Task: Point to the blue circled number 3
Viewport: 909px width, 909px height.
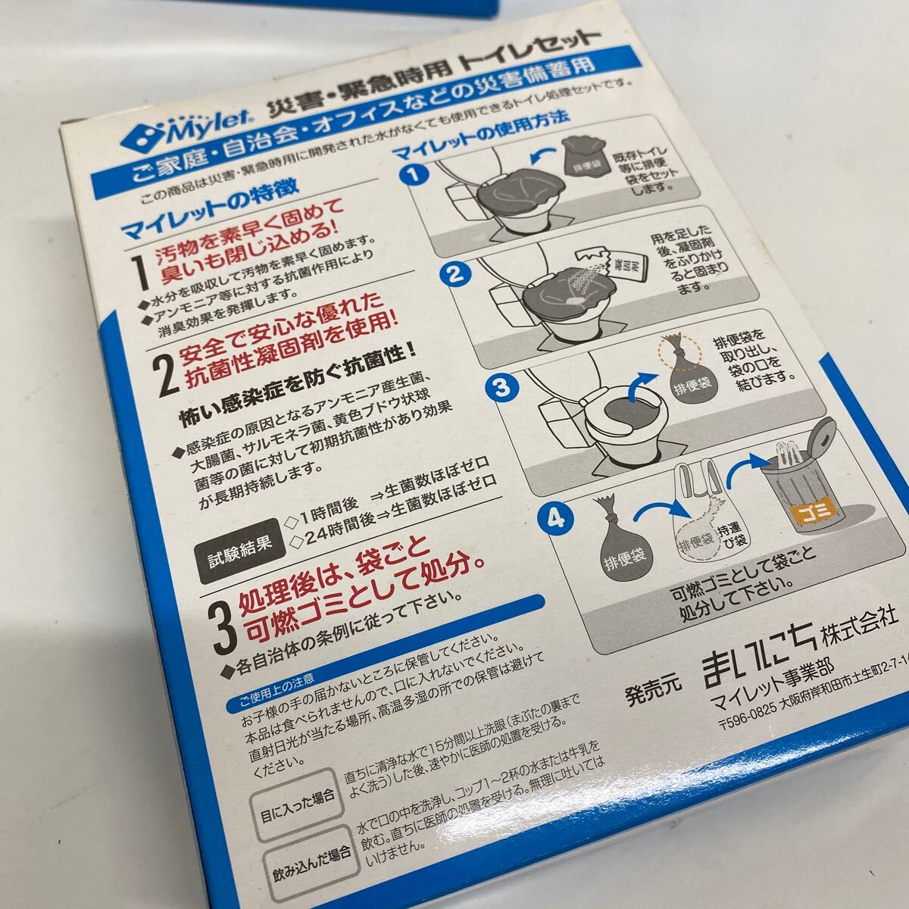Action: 501,389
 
